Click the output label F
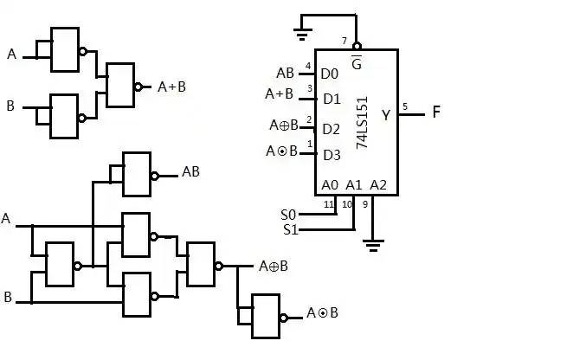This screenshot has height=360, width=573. [436, 112]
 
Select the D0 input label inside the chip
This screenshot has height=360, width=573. [330, 74]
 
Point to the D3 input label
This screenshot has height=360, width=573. [332, 155]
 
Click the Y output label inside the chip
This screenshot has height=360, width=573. [386, 114]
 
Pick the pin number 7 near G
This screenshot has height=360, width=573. [344, 42]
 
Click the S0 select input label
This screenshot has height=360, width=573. [289, 214]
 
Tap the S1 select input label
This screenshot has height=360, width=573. [290, 229]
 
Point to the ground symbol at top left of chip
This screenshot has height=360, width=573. [302, 35]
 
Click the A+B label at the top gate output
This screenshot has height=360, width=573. [172, 87]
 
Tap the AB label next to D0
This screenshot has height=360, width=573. [285, 73]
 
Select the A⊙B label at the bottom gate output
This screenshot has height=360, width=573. [322, 313]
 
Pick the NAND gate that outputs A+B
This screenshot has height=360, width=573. [120, 85]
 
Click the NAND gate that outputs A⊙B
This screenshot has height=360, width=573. [265, 315]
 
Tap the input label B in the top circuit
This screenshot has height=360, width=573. [10, 106]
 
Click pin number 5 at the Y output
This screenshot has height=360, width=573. [405, 106]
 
